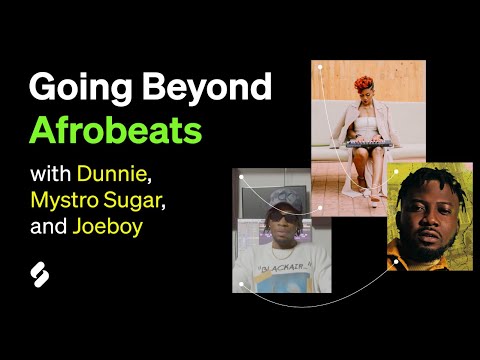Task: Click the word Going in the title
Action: pos(73,88)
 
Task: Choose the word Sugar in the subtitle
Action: pos(133,202)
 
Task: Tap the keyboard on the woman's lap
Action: pos(369,143)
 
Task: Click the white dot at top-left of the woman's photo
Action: pos(319,68)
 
